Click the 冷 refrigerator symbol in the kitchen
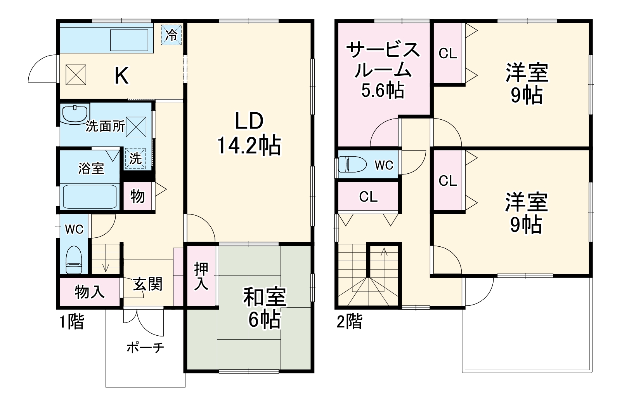171,35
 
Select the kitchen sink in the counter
130,40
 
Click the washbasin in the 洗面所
75,113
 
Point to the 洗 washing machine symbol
135,159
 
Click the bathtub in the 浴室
90,197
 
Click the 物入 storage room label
89,292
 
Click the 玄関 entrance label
147,285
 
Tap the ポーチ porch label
145,347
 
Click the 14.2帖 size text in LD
249,146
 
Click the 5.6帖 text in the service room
383,91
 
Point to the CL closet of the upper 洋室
448,54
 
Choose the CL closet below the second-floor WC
368,197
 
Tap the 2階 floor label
349,322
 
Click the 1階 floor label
72,322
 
